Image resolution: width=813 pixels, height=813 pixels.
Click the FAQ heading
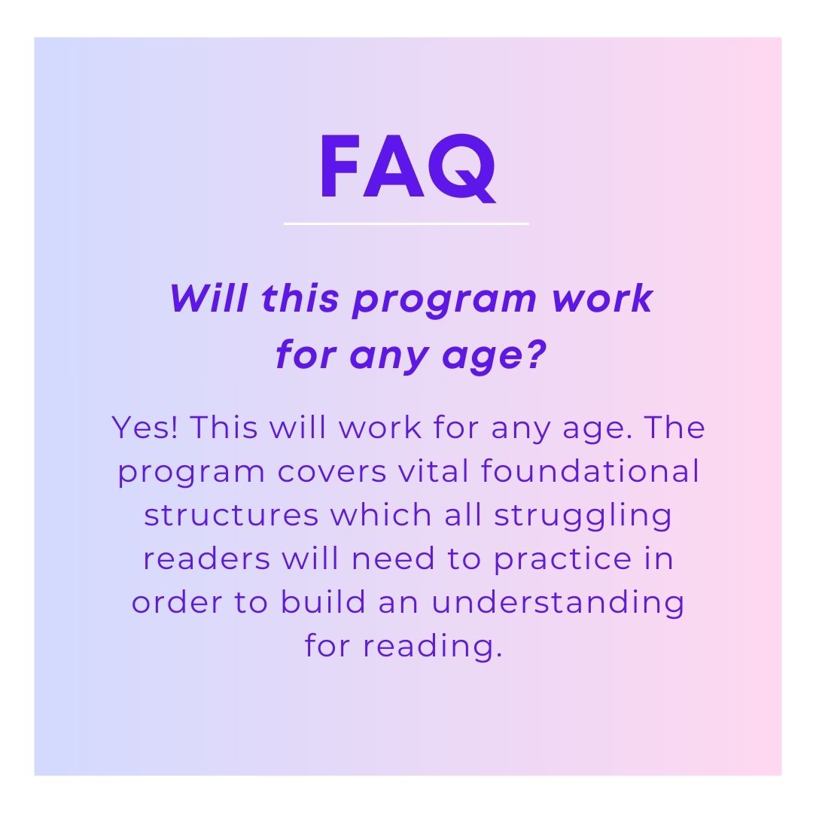click(407, 167)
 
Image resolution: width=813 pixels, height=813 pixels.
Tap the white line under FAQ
click(406, 224)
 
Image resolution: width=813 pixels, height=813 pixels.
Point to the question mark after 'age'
click(536, 354)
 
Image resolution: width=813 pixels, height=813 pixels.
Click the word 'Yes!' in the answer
click(145, 428)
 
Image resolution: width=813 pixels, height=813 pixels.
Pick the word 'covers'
click(332, 472)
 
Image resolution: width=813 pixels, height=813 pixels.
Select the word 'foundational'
click(590, 470)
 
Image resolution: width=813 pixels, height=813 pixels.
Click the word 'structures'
click(231, 516)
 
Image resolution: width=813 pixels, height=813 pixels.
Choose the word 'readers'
click(207, 559)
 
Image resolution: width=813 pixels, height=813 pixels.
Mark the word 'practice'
click(563, 560)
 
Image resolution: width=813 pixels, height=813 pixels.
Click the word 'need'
click(393, 559)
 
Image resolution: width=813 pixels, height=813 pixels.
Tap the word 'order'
click(177, 602)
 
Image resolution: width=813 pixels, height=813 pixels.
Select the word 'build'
click(323, 602)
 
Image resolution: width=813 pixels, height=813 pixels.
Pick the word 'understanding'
click(558, 604)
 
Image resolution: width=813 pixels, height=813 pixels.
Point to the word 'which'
click(381, 516)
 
